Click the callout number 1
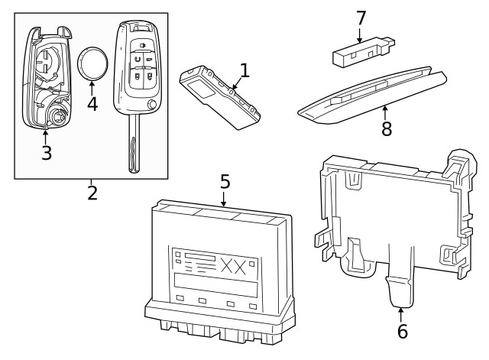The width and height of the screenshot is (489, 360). pyautogui.click(x=244, y=71)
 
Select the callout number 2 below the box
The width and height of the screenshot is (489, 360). pyautogui.click(x=92, y=193)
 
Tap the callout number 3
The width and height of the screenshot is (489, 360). pyautogui.click(x=46, y=152)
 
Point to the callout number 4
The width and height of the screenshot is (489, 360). pyautogui.click(x=92, y=103)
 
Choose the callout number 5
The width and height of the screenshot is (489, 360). pyautogui.click(x=225, y=181)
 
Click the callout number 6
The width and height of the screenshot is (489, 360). pyautogui.click(x=402, y=331)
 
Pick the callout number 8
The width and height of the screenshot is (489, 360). pyautogui.click(x=387, y=128)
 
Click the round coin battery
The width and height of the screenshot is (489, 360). pyautogui.click(x=94, y=63)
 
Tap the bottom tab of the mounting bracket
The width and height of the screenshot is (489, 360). pyautogui.click(x=400, y=290)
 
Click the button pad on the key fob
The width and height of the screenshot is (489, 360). pyautogui.click(x=141, y=60)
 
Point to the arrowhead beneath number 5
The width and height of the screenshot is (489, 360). pyautogui.click(x=225, y=204)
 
